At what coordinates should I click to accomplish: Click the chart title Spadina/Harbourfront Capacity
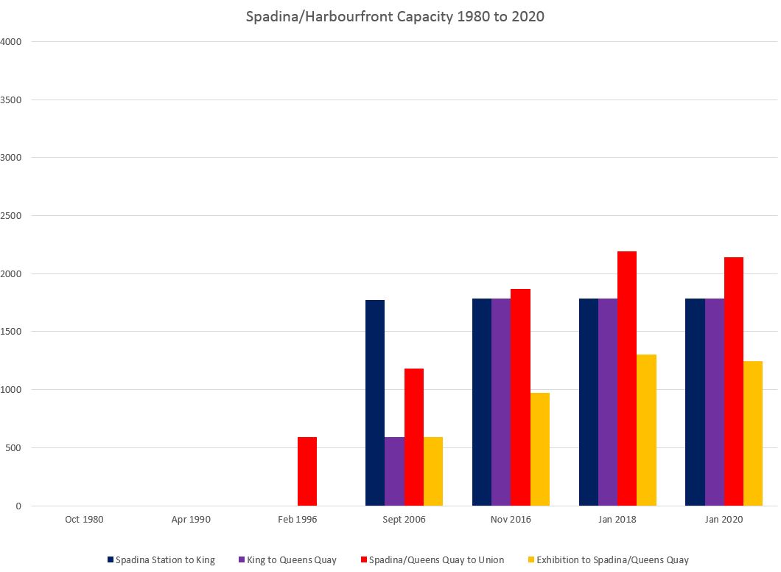395,16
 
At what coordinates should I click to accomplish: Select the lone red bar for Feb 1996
307,472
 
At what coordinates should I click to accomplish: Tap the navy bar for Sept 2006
375,403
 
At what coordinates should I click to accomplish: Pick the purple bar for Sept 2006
394,472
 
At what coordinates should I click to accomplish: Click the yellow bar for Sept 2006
433,472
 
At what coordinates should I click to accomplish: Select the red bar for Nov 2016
520,397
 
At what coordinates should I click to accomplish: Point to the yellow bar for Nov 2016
540,450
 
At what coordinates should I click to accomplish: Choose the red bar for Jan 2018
627,379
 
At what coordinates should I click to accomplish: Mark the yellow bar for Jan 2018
647,430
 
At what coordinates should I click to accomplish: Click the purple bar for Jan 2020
715,402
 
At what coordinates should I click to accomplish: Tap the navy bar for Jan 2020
695,402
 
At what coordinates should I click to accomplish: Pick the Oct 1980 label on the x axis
84,520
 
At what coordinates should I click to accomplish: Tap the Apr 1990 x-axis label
191,520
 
